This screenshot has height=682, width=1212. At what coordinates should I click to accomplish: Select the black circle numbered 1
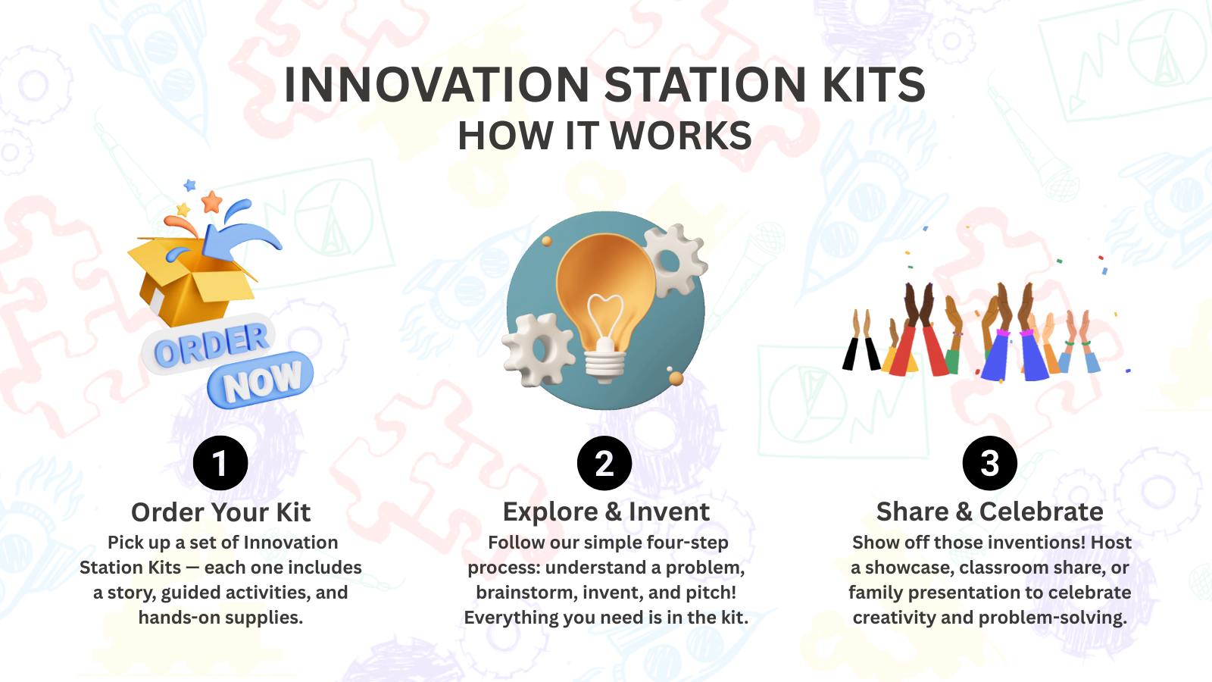tap(220, 463)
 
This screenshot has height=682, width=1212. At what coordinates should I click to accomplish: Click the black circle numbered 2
tap(604, 463)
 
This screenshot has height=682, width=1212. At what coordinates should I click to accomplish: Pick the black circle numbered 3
tap(989, 463)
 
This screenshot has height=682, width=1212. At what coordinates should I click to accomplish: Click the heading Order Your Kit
tap(220, 512)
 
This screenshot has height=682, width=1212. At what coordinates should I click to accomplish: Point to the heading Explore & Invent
tap(606, 512)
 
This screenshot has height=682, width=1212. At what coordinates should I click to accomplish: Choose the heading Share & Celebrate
tap(989, 512)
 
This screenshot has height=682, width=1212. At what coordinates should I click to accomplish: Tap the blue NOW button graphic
tap(261, 380)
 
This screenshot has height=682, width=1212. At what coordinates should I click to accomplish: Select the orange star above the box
tap(211, 202)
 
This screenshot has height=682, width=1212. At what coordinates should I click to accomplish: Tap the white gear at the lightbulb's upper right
tap(673, 261)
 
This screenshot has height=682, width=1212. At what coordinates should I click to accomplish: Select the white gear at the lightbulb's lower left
tap(539, 349)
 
